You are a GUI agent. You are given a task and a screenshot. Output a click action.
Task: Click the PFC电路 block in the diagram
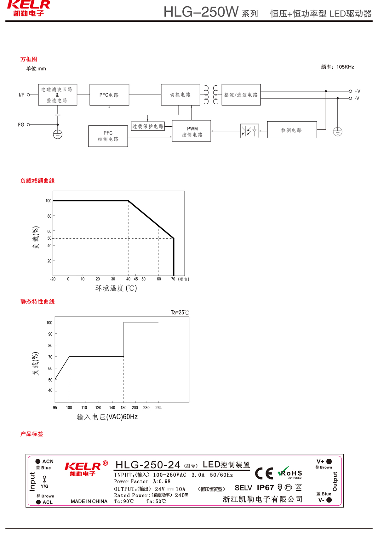[x=109, y=95]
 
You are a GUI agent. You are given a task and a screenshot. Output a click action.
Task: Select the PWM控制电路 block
[x=192, y=131]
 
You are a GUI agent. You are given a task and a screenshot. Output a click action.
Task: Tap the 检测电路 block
[x=292, y=130]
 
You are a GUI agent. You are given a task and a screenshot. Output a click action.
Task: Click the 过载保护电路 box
[x=148, y=126]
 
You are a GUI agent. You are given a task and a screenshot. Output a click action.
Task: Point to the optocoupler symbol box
[x=249, y=131]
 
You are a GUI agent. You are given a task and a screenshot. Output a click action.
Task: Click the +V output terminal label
[x=357, y=91]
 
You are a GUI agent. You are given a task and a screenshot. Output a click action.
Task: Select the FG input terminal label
[x=21, y=125]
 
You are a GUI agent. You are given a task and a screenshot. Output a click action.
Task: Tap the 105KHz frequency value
[x=345, y=67]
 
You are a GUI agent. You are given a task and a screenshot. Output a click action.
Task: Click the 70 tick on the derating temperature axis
[x=173, y=279]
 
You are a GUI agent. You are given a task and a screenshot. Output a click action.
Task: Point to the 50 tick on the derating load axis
[x=49, y=238]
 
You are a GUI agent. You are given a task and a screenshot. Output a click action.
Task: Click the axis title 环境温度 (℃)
[x=116, y=288]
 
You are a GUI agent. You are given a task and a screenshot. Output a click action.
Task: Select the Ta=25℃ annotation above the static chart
[x=180, y=313]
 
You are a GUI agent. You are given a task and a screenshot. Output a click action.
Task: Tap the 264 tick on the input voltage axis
[x=158, y=408]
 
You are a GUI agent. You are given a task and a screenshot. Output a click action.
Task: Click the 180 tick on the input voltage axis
[x=123, y=408]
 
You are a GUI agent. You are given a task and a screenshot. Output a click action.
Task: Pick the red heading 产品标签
[x=31, y=434]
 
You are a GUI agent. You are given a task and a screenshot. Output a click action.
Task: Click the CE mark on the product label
[x=264, y=473]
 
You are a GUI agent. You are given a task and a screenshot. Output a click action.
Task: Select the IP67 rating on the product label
[x=265, y=488]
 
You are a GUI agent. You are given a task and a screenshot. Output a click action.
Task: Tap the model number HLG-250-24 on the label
[x=148, y=465]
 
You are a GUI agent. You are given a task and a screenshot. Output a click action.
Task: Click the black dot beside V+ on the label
[x=329, y=462]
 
